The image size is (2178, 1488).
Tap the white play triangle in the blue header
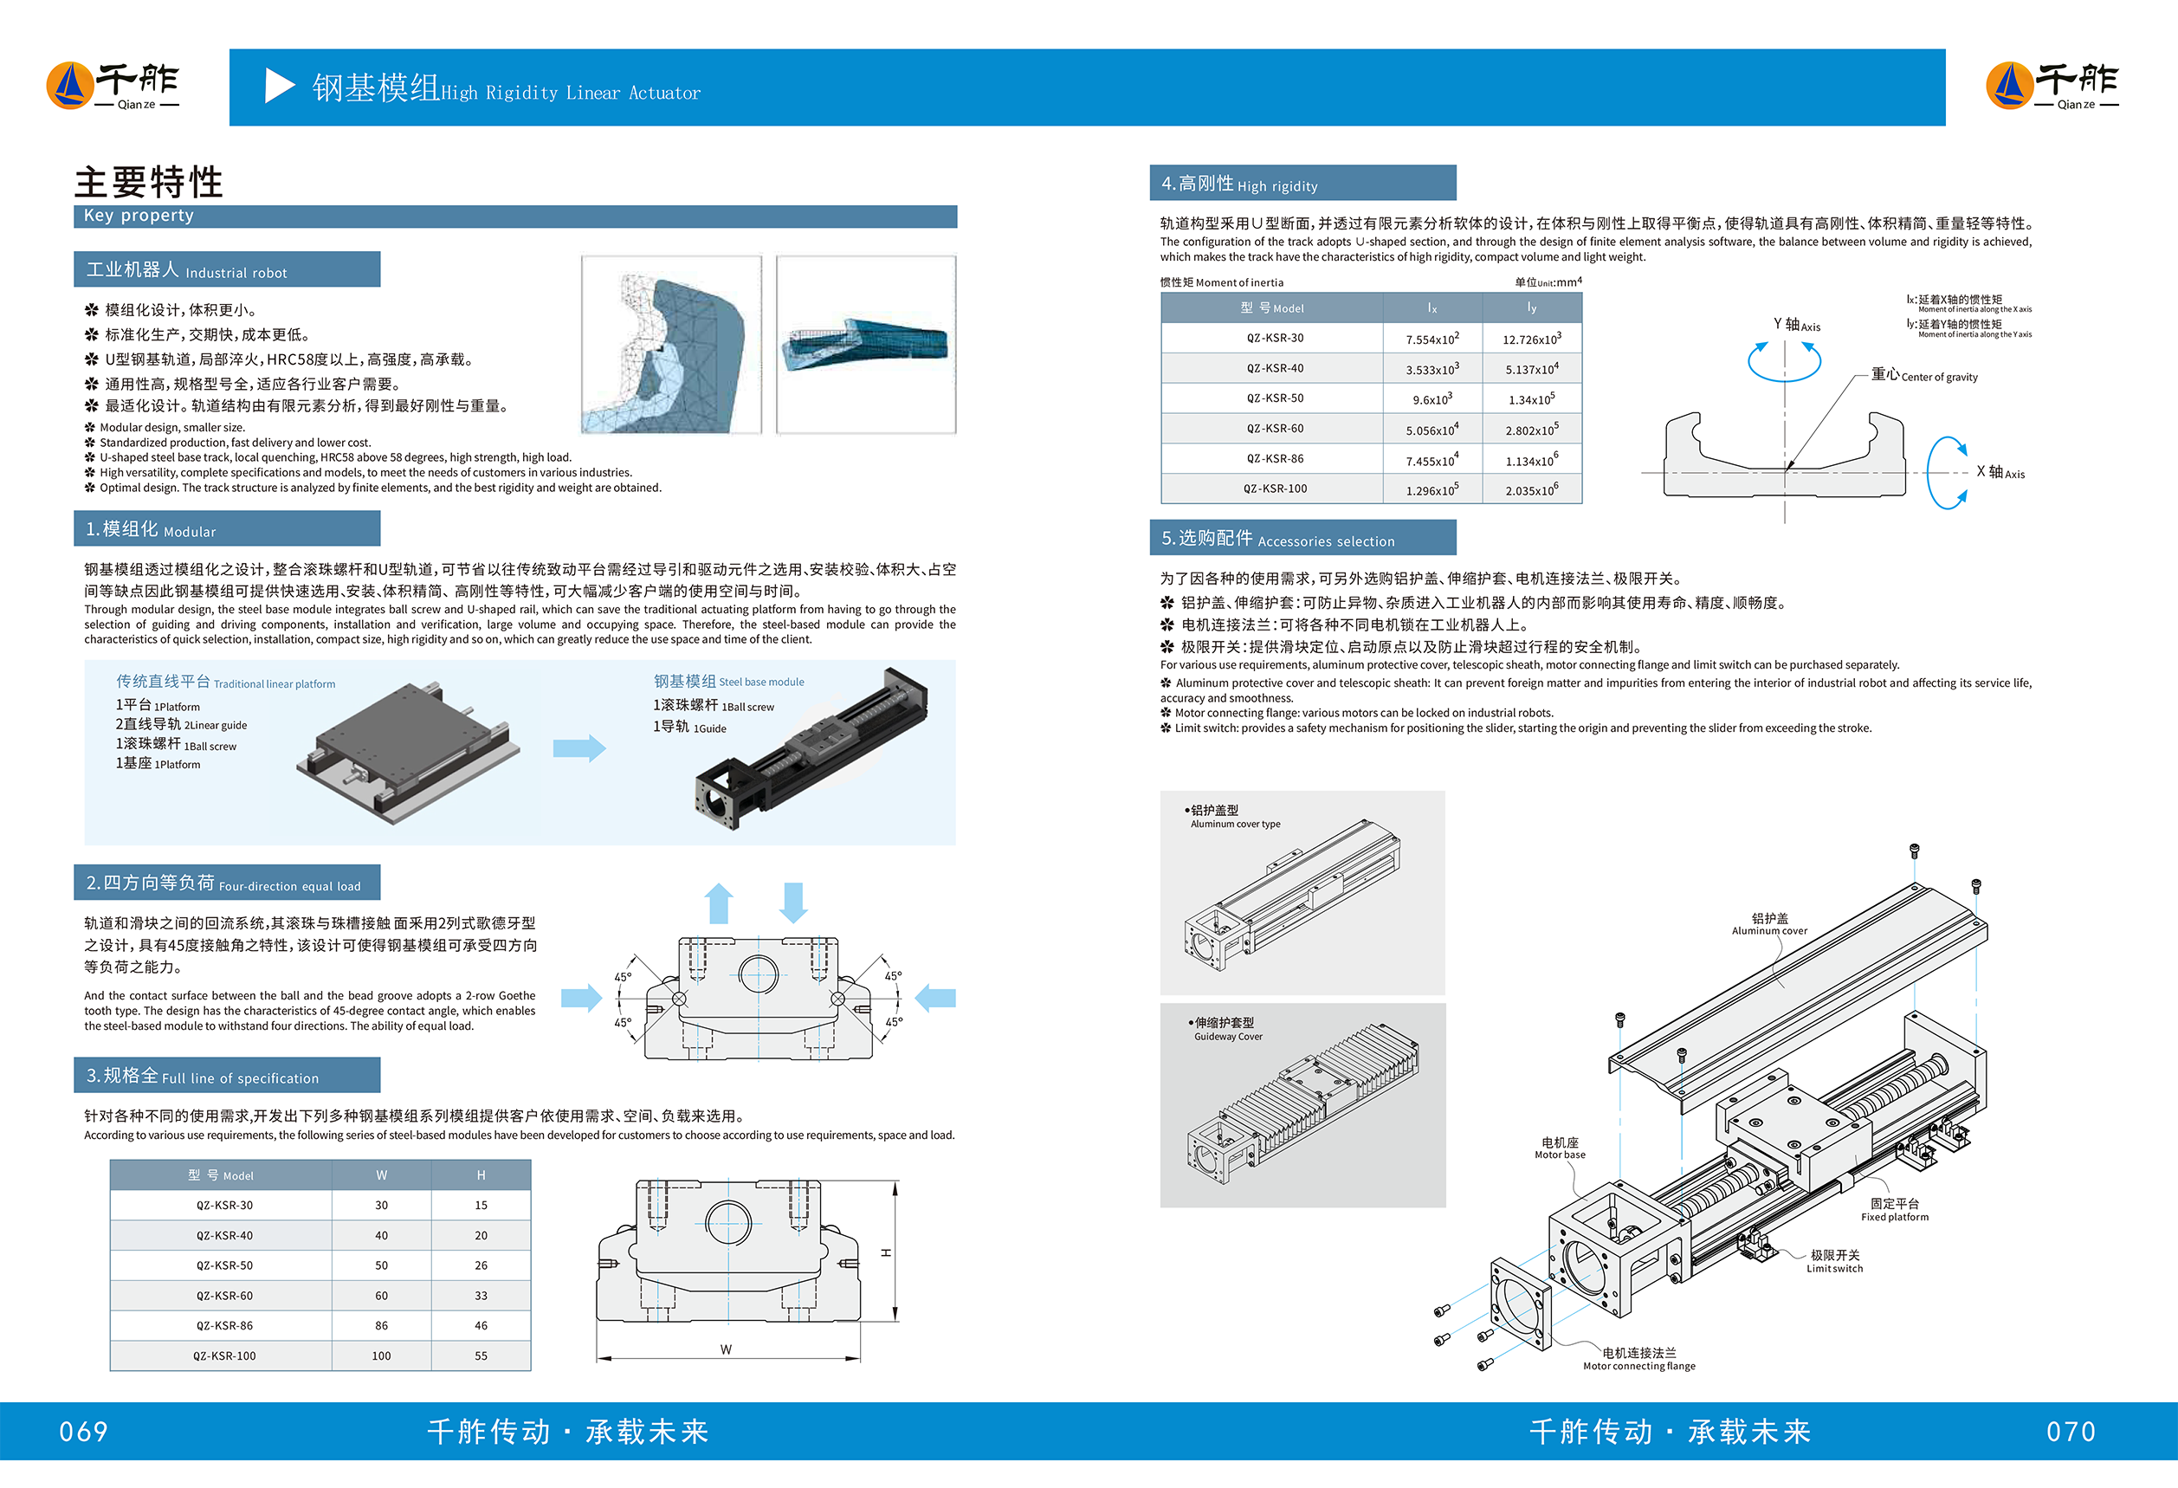pos(278,87)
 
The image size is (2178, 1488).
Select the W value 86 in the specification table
pos(381,1326)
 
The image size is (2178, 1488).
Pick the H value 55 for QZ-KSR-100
pos(481,1355)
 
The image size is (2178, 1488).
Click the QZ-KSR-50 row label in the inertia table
pos(1275,398)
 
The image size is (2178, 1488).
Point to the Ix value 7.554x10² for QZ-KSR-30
pos(1432,339)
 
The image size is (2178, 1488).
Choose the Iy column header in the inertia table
pos(1531,308)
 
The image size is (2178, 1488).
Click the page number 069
pos(83,1432)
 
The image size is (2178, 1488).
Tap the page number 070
pos(2071,1432)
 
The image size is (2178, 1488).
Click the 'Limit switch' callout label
pos(1835,1261)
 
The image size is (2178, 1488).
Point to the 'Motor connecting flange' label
pos(1639,1360)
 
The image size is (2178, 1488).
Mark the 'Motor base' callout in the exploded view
pos(1561,1148)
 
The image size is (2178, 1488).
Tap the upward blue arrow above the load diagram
pos(719,903)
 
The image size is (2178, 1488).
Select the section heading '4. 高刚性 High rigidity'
pos(1239,184)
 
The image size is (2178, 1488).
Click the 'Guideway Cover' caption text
pos(1228,1037)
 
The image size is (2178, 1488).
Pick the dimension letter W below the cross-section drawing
pos(727,1349)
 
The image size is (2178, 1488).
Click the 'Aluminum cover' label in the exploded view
pos(1769,925)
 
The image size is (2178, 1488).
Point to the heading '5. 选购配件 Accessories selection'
pos(1277,539)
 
